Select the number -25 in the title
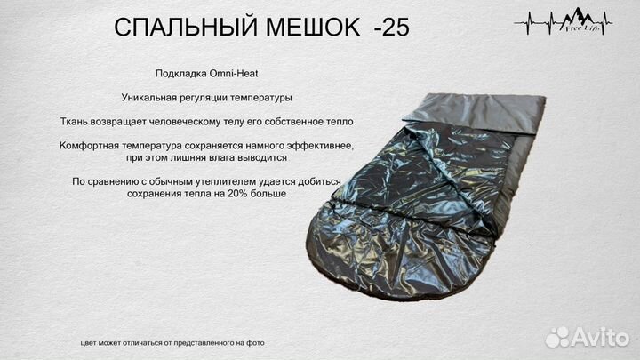pos(391,28)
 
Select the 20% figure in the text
pos(243,194)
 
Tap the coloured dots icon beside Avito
pos(556,337)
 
